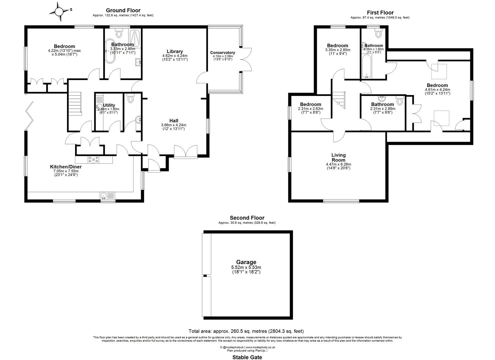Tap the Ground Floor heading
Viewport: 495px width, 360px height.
123,11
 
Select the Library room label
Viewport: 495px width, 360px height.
175,51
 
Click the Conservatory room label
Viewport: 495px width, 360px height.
222,53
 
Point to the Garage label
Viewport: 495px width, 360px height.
246,262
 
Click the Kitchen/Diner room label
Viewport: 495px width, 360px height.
64,167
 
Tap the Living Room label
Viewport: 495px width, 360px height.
338,157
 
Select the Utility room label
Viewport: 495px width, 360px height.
109,105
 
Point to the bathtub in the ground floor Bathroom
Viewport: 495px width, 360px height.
110,51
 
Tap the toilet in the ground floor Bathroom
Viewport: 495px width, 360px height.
119,33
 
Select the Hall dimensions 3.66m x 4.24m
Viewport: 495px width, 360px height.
173,125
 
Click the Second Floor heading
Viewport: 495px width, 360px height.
247,218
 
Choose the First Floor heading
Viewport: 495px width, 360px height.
380,13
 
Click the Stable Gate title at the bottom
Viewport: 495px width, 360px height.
247,357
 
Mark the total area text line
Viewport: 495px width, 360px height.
246,331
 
